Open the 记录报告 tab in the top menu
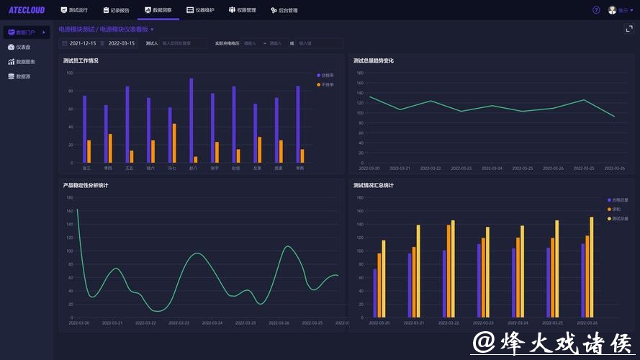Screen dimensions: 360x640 (x=116, y=10)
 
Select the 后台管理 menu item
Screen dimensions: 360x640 (x=284, y=10)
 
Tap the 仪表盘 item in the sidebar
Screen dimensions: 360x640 (x=23, y=47)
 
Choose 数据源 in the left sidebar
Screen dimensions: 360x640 (x=23, y=76)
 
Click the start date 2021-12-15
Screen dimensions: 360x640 (x=82, y=43)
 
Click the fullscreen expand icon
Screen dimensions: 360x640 (x=628, y=29)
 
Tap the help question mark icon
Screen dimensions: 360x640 (x=596, y=10)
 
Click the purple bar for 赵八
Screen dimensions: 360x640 (x=191, y=120)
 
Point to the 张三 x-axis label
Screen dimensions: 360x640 (x=86, y=168)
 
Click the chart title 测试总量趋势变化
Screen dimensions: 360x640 (x=374, y=60)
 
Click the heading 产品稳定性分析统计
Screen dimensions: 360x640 (x=86, y=185)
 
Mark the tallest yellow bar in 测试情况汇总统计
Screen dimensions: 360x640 (x=592, y=266)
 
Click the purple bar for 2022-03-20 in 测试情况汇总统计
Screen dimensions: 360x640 (x=375, y=292)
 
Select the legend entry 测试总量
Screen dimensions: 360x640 (x=619, y=218)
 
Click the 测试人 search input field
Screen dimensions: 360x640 (x=184, y=43)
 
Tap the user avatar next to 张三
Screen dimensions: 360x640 (x=612, y=10)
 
